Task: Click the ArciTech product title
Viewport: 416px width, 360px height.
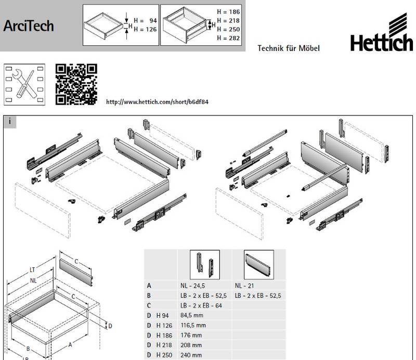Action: click(x=29, y=26)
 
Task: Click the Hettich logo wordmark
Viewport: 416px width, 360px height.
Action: click(x=382, y=43)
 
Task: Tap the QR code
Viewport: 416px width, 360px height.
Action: click(x=76, y=84)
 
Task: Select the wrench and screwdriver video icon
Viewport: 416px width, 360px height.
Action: click(x=24, y=84)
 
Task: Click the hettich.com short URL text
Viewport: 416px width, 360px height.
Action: click(x=157, y=101)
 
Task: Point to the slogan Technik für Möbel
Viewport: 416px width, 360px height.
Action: click(x=289, y=48)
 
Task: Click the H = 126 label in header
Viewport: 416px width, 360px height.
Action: click(x=145, y=29)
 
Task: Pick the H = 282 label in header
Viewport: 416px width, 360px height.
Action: click(x=228, y=38)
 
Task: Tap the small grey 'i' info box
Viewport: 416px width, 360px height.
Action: click(x=10, y=122)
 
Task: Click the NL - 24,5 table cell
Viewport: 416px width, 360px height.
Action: click(x=192, y=286)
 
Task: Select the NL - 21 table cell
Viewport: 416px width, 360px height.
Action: click(x=244, y=286)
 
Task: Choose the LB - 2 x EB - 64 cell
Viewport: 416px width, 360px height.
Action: click(x=201, y=305)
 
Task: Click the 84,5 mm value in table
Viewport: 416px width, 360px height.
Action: click(x=192, y=315)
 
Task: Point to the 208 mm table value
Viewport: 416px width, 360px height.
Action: click(x=191, y=345)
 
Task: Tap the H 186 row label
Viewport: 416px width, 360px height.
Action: click(x=164, y=336)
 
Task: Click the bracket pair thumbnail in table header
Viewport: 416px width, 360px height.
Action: click(x=205, y=264)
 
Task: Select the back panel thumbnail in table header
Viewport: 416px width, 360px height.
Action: click(x=258, y=264)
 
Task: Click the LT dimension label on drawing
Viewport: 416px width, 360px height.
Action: click(x=32, y=270)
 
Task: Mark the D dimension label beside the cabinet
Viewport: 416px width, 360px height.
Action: click(x=110, y=326)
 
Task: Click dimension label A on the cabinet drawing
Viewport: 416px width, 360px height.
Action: click(x=70, y=344)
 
